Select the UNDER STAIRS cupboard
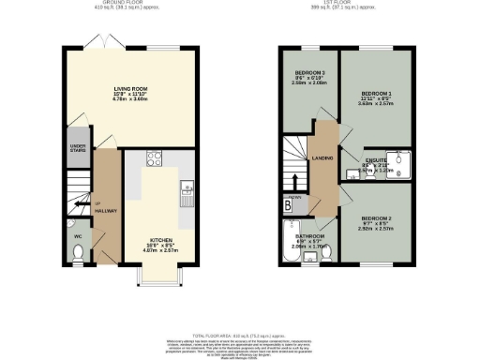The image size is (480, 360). (x=78, y=150)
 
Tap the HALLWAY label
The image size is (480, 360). (x=105, y=212)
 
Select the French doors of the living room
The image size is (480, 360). (x=96, y=45)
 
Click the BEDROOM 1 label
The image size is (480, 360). (x=374, y=98)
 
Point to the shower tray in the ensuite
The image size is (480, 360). (x=400, y=167)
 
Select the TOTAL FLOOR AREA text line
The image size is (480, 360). (x=240, y=335)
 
